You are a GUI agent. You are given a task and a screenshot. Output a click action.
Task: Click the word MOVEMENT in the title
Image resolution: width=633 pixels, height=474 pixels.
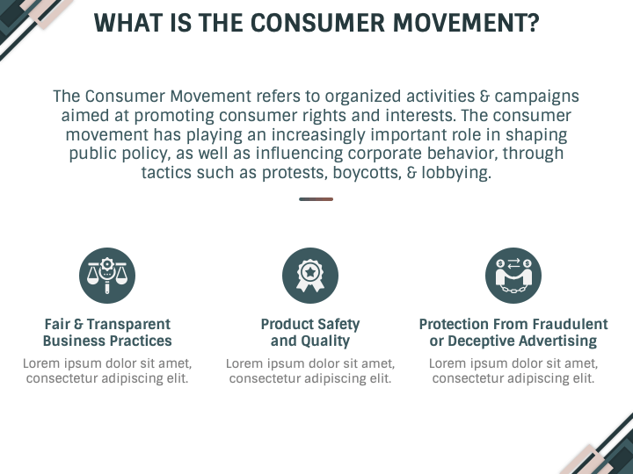coord(460,23)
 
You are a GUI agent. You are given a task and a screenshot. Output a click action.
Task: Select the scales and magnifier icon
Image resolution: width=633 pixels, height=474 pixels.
coord(107,276)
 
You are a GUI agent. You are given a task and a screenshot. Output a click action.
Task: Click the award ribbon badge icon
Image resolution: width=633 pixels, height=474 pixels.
coord(310,276)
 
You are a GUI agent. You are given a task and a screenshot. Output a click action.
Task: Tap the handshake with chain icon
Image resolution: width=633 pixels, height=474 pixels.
coord(513,276)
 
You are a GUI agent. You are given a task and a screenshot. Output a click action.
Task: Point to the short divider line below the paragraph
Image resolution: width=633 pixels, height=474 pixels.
coord(316,199)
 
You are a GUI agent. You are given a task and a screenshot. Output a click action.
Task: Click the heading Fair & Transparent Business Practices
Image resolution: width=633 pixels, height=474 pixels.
coord(107,333)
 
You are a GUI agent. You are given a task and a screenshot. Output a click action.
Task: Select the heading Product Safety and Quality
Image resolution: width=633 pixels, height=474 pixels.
coord(310,333)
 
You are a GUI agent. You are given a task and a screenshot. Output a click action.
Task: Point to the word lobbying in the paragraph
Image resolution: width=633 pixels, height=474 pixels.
coord(456,173)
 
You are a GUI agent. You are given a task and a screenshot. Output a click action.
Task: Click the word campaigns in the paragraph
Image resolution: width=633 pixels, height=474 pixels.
coord(536,97)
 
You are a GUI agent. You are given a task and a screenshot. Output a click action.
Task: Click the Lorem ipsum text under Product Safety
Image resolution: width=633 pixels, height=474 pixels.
coord(310,370)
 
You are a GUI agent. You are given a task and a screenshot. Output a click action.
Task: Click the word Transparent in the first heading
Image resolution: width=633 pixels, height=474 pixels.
coord(128,324)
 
